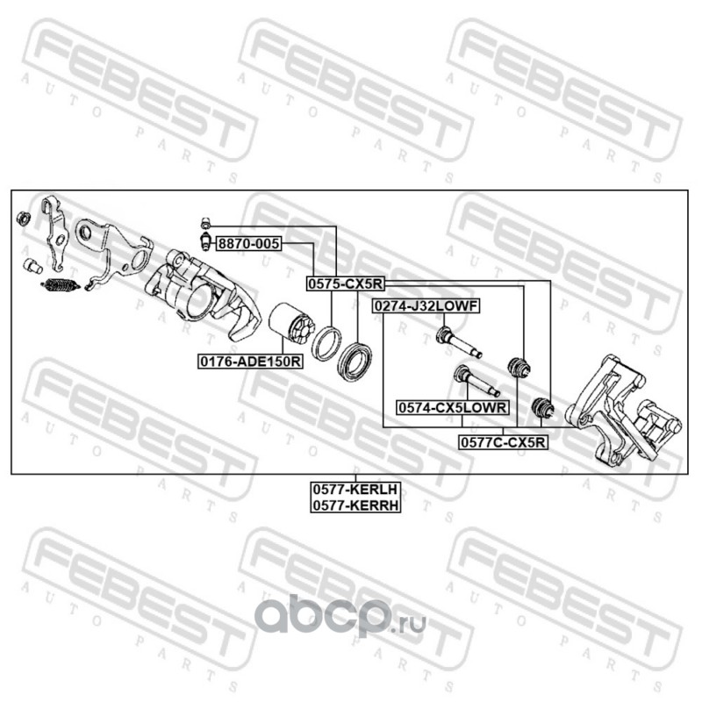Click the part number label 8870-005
pos(248,245)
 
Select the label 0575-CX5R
pos(345,283)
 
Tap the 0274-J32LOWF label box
pos(425,306)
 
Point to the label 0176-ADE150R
pos(249,361)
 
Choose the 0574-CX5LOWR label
pos(452,407)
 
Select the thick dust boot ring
pos(357,362)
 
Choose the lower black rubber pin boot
pos(543,407)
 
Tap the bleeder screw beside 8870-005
pos(204,240)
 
